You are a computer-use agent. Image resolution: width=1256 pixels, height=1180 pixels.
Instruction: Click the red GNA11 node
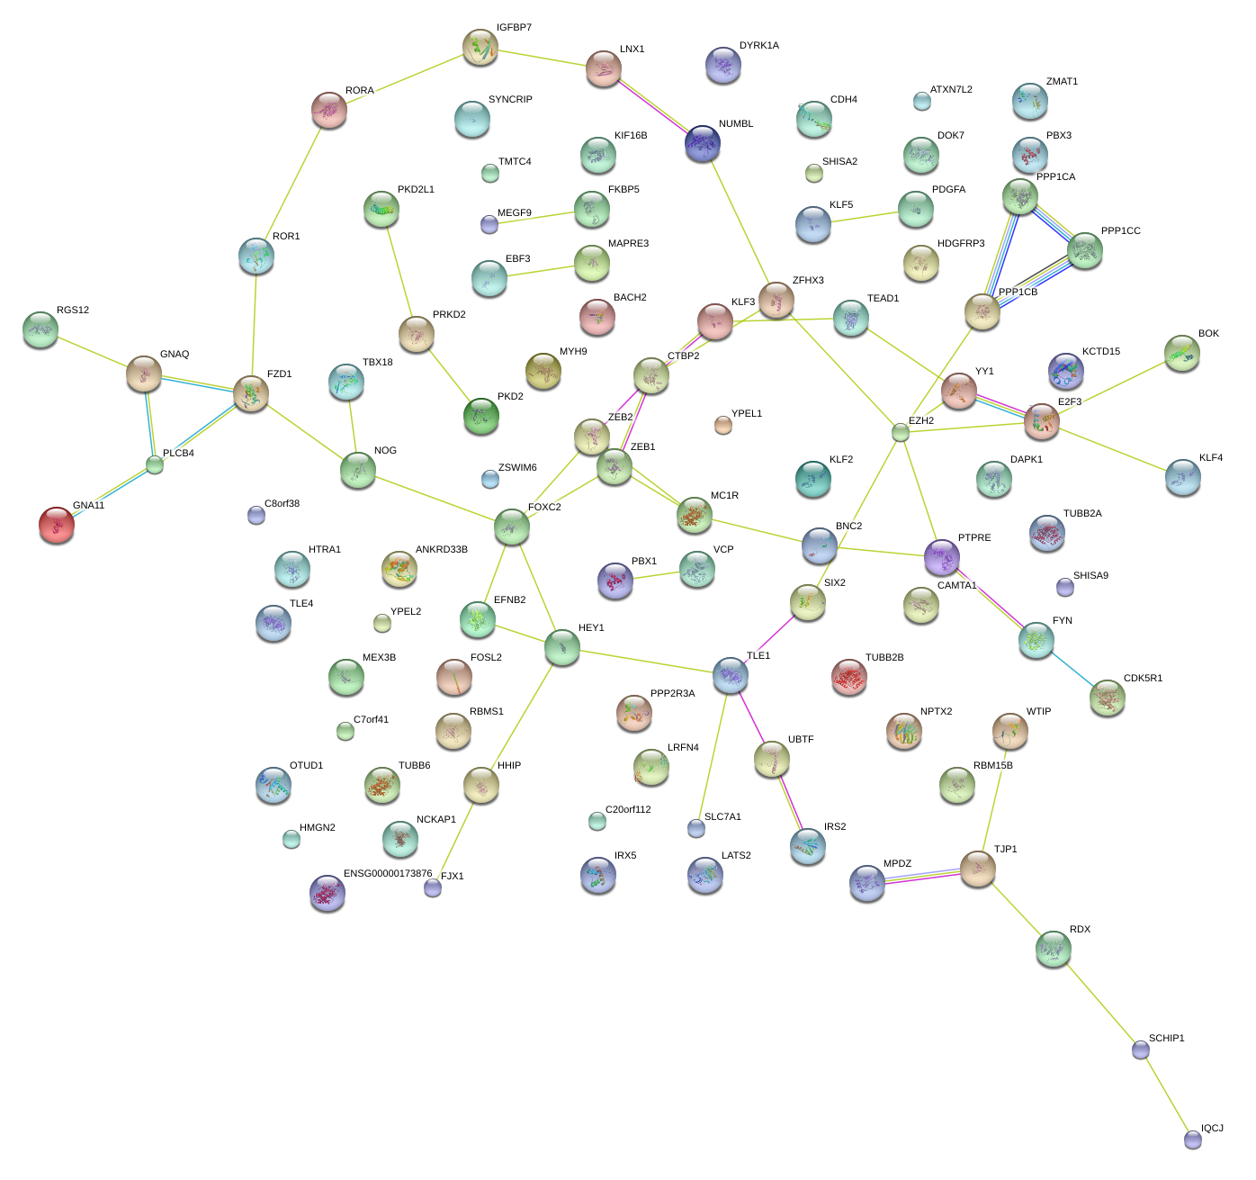pyautogui.click(x=57, y=525)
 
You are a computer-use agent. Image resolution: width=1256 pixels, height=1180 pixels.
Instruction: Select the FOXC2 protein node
pyautogui.click(x=511, y=527)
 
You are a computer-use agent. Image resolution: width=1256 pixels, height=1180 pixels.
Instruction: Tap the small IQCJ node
pyautogui.click(x=1193, y=1139)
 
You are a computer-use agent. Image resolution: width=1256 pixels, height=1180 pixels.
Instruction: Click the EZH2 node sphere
pyautogui.click(x=901, y=432)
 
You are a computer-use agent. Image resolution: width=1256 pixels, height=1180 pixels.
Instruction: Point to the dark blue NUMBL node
pyautogui.click(x=703, y=142)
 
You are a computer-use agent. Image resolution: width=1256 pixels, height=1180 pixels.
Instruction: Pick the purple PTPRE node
pyautogui.click(x=942, y=557)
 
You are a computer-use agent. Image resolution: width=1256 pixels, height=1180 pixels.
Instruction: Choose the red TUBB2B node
pyautogui.click(x=848, y=677)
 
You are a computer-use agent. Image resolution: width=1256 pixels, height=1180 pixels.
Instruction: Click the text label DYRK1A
pyautogui.click(x=758, y=46)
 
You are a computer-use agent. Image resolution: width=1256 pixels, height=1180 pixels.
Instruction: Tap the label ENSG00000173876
pyautogui.click(x=388, y=874)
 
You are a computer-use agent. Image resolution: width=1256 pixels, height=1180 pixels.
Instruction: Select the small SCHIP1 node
pyautogui.click(x=1141, y=1049)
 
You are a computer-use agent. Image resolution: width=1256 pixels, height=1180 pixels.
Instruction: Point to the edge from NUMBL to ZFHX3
pyautogui.click(x=740, y=221)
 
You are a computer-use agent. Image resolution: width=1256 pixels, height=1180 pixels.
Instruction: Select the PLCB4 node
pyautogui.click(x=155, y=465)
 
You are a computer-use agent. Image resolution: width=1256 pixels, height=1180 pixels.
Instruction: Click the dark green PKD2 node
pyautogui.click(x=481, y=416)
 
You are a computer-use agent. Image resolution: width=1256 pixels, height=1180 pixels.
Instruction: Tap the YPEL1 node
pyautogui.click(x=722, y=425)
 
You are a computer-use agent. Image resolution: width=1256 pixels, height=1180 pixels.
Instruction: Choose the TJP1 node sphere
pyautogui.click(x=978, y=868)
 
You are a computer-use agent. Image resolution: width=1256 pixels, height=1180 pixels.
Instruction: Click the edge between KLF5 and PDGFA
pyautogui.click(x=864, y=217)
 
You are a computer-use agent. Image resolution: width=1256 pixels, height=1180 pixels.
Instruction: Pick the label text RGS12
pyautogui.click(x=73, y=311)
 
